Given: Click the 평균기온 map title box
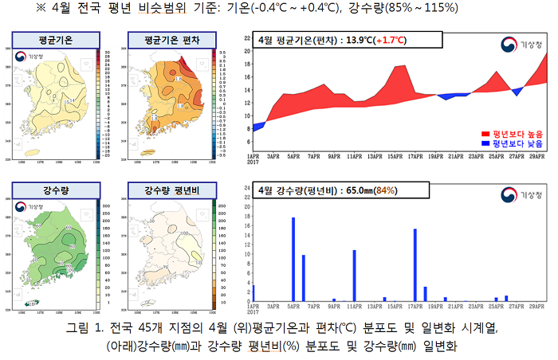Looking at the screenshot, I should pyautogui.click(x=54, y=39).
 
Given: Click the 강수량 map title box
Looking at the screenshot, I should pyautogui.click(x=54, y=190).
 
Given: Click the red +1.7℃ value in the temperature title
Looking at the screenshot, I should pyautogui.click(x=382, y=40).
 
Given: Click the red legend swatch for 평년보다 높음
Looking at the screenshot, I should pyautogui.click(x=485, y=133).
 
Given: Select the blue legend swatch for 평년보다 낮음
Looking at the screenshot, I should pyautogui.click(x=485, y=144).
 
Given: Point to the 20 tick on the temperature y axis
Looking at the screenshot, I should pyautogui.click(x=248, y=50).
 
